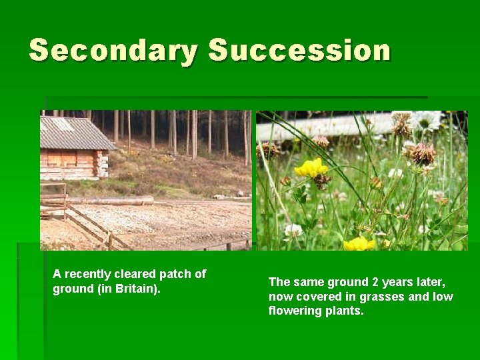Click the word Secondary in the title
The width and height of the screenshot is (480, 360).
pyautogui.click(x=113, y=51)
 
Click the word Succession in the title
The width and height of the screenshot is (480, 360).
pyautogui.click(x=299, y=51)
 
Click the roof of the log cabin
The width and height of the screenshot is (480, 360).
pyautogui.click(x=73, y=133)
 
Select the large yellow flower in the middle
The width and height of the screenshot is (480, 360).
pyautogui.click(x=310, y=168)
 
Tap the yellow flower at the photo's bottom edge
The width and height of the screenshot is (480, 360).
pyautogui.click(x=359, y=244)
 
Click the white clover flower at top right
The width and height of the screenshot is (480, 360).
pyautogui.click(x=425, y=120)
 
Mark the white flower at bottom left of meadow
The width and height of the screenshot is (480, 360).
pyautogui.click(x=293, y=230)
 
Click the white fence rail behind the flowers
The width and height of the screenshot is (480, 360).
pyautogui.click(x=327, y=127)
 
